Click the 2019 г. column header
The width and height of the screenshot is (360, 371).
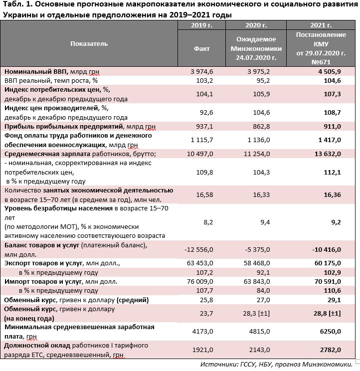[201, 25]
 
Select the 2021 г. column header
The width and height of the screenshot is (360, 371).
[321, 25]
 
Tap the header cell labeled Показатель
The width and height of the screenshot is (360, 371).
[89, 44]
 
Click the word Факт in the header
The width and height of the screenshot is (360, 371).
[201, 48]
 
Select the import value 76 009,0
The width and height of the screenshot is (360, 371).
[199, 282]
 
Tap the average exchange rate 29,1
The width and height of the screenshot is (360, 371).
[332, 300]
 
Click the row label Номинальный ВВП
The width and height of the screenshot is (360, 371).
[36, 71]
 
